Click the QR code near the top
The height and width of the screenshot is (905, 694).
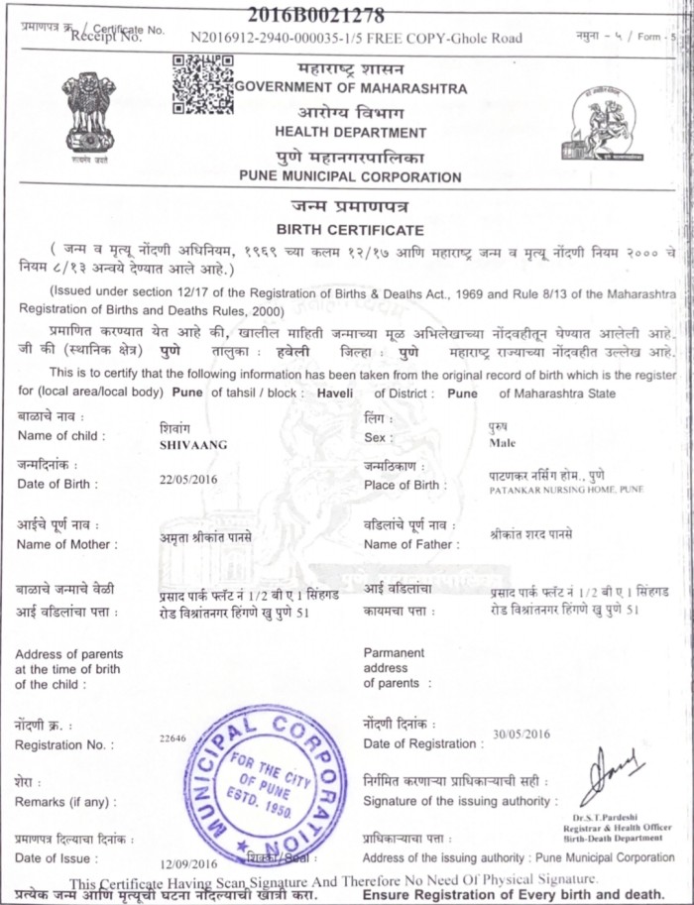click(203, 83)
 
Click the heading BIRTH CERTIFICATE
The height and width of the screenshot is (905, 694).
click(350, 229)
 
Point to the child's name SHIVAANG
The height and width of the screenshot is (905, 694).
click(192, 445)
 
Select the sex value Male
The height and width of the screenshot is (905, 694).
click(503, 443)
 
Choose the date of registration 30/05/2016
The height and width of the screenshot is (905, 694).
click(520, 735)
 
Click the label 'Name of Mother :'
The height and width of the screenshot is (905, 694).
click(67, 544)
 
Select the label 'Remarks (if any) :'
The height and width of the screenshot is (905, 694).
click(64, 800)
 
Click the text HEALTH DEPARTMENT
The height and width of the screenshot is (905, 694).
click(350, 133)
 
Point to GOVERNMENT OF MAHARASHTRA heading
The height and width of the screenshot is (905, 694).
click(350, 89)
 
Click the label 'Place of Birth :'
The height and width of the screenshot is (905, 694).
click(405, 485)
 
